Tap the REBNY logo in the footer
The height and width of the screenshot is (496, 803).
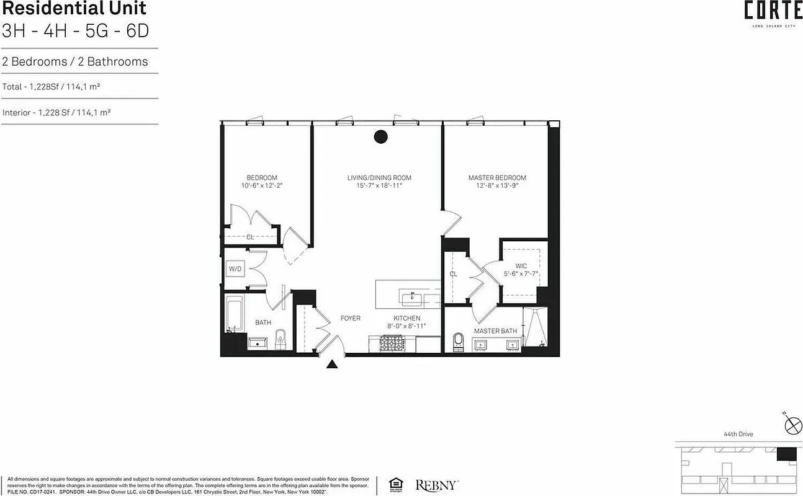click(x=437, y=484)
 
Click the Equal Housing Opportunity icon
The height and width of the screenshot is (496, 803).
click(x=395, y=484)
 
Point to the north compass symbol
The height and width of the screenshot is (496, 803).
click(x=792, y=425)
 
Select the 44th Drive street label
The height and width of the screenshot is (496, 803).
click(x=738, y=434)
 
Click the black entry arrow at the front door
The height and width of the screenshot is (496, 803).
click(x=332, y=364)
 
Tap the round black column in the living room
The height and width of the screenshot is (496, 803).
click(x=381, y=137)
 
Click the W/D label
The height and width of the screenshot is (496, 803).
click(x=235, y=269)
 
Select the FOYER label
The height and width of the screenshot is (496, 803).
click(x=350, y=318)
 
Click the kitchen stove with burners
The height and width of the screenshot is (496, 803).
click(x=392, y=343)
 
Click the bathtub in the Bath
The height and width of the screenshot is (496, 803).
click(x=234, y=314)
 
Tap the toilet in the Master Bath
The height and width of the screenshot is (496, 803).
click(x=459, y=340)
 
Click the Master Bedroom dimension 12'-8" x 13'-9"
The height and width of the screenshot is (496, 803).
click(x=497, y=185)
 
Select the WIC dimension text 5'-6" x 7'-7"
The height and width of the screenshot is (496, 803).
click(x=521, y=273)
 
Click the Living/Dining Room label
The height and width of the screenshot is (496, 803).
click(x=379, y=178)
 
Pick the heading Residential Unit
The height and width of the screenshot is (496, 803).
click(x=74, y=9)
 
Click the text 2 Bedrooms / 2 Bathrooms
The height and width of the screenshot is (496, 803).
click(x=75, y=61)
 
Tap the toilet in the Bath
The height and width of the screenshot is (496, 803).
click(x=279, y=338)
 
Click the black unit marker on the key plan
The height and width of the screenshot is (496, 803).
click(x=786, y=453)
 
